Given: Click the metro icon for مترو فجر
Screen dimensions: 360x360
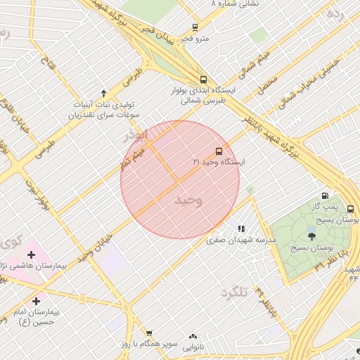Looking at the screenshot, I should (195, 27).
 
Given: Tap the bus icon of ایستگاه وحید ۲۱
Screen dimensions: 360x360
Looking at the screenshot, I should (219, 151).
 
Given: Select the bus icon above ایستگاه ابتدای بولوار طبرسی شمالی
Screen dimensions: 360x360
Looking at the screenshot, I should (203, 79).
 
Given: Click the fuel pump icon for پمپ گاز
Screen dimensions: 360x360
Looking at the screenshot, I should (325, 195).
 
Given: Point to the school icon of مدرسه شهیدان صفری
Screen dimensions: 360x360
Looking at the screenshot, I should (241, 229).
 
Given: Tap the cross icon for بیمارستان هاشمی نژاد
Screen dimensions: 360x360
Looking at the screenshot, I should (31, 254).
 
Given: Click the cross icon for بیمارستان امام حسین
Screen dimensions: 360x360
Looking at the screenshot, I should (36, 300).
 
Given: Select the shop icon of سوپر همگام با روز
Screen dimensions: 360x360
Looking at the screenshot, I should (149, 332).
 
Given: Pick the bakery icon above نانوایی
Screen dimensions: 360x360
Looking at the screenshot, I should (193, 337).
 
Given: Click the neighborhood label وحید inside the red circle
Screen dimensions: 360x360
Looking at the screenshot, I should (188, 201).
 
